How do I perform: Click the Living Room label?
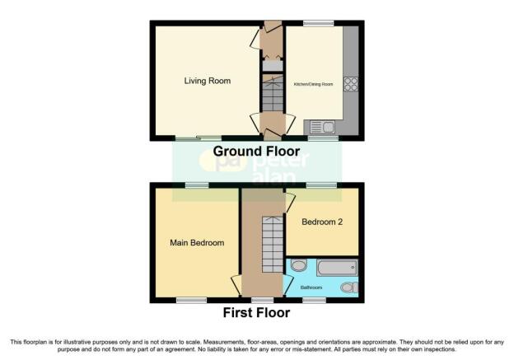[207, 81]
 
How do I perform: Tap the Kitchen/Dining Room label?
[314, 84]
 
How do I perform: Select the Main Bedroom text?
[197, 243]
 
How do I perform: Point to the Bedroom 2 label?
[321, 222]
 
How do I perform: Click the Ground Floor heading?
[256, 152]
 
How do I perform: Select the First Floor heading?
[256, 313]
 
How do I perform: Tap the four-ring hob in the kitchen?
[349, 83]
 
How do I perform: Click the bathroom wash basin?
[298, 265]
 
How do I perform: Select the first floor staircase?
[270, 244]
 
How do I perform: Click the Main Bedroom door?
[236, 284]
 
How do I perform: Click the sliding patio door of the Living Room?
[198, 138]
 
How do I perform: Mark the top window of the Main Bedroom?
[196, 185]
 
